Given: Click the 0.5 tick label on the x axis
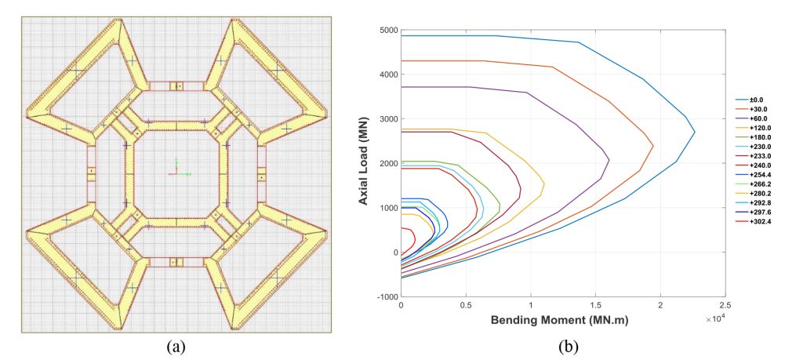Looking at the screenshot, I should point(466,305).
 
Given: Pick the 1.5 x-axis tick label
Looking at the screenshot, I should point(595,305).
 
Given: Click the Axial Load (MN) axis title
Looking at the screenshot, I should point(365,163).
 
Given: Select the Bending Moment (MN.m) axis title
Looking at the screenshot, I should point(559,320).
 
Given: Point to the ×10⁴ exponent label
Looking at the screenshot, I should point(715,318).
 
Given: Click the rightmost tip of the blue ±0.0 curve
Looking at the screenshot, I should point(695,132).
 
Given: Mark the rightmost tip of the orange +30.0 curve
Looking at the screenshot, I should point(653,146).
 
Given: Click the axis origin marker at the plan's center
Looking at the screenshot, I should point(176,173).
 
